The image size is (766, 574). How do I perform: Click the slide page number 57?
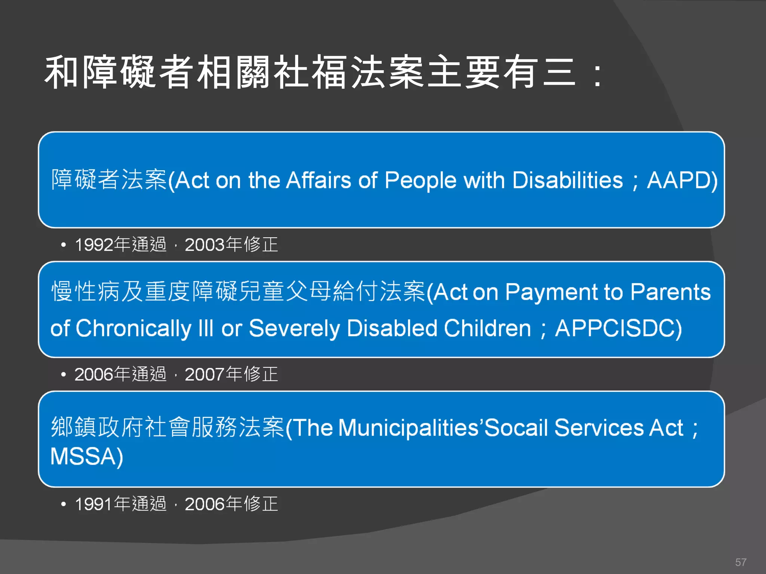[741, 562]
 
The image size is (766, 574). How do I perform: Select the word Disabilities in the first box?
[567, 180]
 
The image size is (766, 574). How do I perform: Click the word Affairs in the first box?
[319, 180]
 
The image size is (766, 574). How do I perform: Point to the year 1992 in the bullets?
[94, 245]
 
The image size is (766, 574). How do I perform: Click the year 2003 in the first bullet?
[204, 245]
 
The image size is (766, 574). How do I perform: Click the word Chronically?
[134, 329]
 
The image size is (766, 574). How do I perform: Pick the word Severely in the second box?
[294, 329]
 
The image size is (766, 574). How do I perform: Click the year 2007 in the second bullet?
[204, 374]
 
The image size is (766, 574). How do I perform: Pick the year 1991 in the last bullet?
[94, 504]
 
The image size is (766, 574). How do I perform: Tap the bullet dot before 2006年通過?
[64, 374]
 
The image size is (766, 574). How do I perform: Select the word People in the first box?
[420, 180]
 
